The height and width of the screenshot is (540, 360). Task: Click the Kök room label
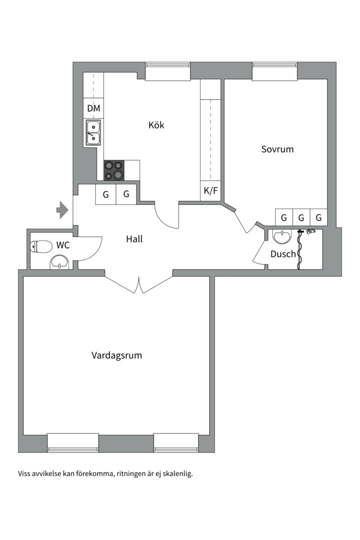click(x=156, y=125)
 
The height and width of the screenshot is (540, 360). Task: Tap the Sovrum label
click(x=277, y=149)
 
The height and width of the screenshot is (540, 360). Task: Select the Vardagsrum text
click(x=116, y=355)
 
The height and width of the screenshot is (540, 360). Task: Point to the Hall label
click(x=134, y=239)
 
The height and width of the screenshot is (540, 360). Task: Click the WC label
click(x=62, y=245)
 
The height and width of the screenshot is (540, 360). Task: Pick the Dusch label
click(x=283, y=254)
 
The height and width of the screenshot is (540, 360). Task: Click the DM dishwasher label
click(x=93, y=108)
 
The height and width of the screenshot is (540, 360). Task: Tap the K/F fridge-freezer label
click(x=211, y=190)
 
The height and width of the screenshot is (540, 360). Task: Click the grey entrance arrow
click(x=62, y=209)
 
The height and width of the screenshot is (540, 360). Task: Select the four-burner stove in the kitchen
click(x=113, y=170)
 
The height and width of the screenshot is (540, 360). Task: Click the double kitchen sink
click(x=93, y=132)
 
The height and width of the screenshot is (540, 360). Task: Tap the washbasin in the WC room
click(x=60, y=261)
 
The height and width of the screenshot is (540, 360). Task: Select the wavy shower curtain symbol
click(x=300, y=249)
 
